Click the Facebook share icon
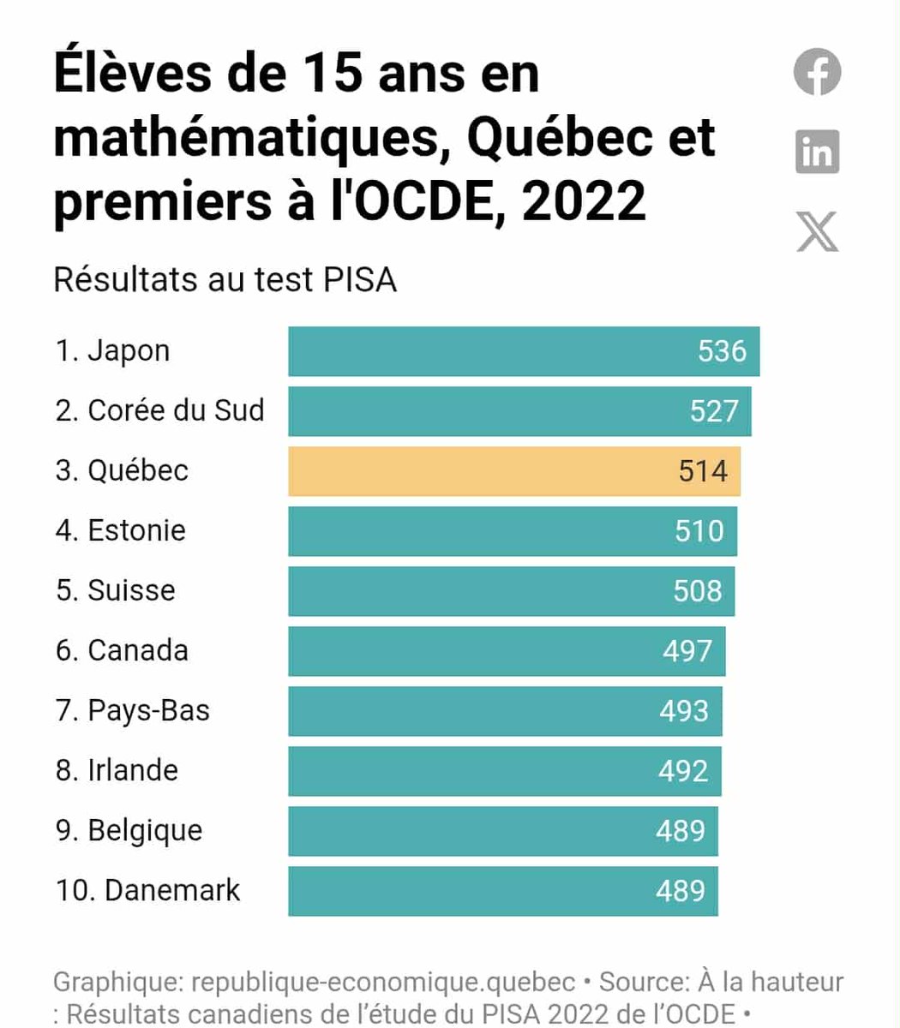pyautogui.click(x=817, y=72)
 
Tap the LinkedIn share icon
pyautogui.click(x=817, y=152)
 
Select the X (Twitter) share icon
pyautogui.click(x=817, y=230)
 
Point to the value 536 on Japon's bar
pyautogui.click(x=722, y=351)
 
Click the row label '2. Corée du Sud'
pyautogui.click(x=159, y=410)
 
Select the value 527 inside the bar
pyautogui.click(x=713, y=411)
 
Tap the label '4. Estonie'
pyautogui.click(x=120, y=530)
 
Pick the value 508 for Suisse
pyautogui.click(x=697, y=591)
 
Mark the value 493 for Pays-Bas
pyautogui.click(x=684, y=711)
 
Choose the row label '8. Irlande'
pyautogui.click(x=117, y=770)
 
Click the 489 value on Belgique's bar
pyautogui.click(x=681, y=831)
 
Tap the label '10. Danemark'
pyautogui.click(x=147, y=890)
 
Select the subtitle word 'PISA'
pyautogui.click(x=360, y=280)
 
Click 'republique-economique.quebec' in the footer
pyautogui.click(x=383, y=982)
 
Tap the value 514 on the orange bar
pyautogui.click(x=703, y=471)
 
